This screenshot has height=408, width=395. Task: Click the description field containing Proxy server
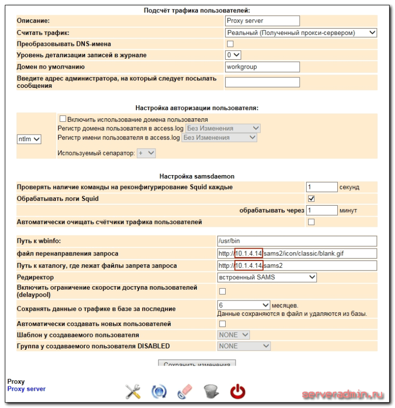262,21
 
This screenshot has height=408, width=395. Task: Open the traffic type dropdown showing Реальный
301,33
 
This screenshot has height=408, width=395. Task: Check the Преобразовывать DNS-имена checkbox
230,44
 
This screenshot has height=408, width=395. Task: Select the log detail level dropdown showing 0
233,55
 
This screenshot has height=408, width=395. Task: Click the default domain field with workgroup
262,67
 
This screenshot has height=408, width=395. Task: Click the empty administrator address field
262,82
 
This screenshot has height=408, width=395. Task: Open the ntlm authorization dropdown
29,139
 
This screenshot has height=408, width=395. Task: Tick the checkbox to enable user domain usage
63,119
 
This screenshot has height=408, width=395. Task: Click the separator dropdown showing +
146,153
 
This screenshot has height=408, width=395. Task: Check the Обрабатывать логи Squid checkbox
311,199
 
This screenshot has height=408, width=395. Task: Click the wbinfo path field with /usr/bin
297,241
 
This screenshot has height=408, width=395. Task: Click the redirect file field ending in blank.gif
297,254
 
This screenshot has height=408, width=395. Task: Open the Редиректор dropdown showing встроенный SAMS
267,277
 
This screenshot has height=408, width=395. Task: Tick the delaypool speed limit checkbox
222,291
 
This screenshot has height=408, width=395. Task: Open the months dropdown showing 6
244,305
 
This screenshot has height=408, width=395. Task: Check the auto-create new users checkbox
222,324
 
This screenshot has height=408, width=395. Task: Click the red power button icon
237,392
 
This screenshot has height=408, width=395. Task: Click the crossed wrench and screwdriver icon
133,392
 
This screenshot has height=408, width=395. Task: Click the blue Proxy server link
26,389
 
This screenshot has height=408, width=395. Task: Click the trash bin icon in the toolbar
211,392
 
